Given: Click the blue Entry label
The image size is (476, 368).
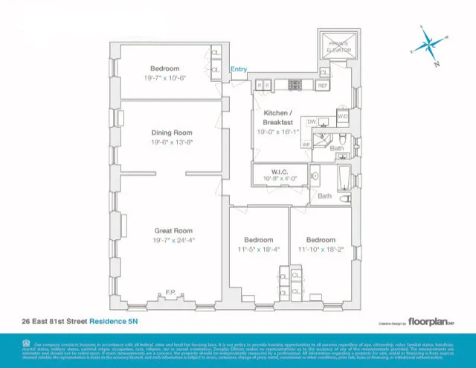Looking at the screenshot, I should coord(239,70).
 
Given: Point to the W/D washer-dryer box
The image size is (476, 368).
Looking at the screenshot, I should coord(343,116).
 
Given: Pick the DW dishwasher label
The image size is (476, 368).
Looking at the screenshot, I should coord(312,121).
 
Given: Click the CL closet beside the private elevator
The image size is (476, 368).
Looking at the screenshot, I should coord(324,72).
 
